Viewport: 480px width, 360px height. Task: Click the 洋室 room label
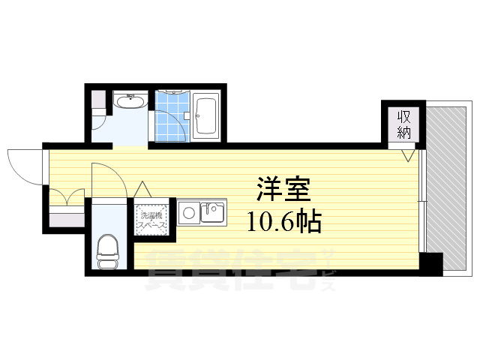click(283, 188)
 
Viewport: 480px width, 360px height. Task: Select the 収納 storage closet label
click(403, 123)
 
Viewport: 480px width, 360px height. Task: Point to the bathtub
click(205, 115)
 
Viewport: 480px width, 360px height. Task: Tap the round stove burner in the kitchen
click(189, 213)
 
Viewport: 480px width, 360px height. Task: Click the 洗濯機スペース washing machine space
click(153, 219)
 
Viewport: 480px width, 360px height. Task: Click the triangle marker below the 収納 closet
click(406, 156)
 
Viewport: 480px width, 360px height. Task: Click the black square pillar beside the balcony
click(431, 264)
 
